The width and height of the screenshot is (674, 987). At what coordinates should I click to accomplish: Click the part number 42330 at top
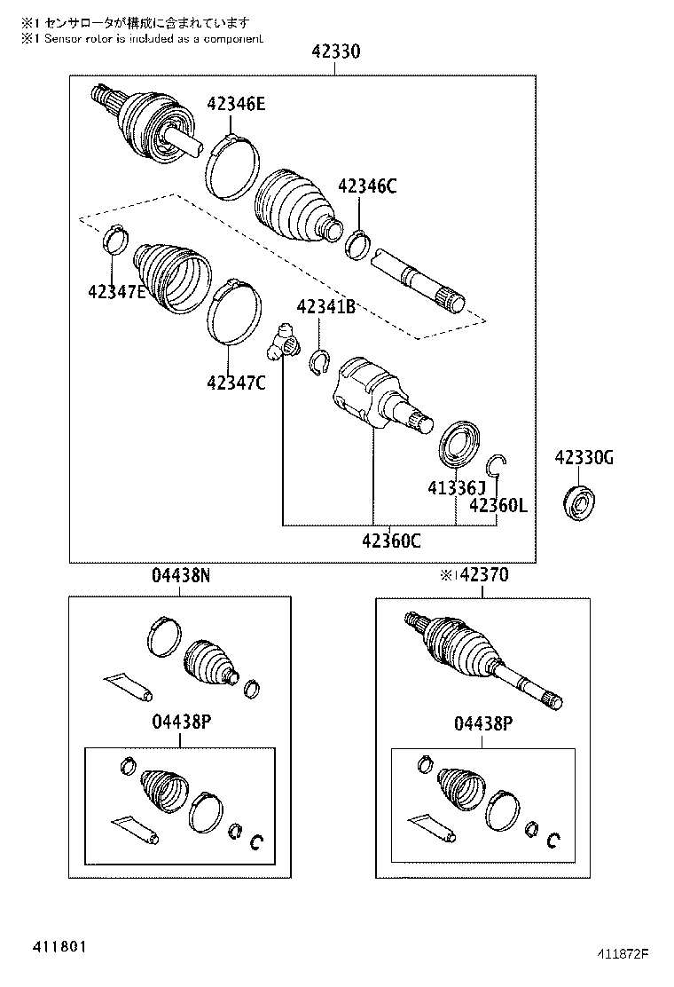pos(336,51)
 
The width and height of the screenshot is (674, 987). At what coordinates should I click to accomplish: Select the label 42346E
pos(236,104)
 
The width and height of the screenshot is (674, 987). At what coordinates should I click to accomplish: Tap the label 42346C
pos(367,186)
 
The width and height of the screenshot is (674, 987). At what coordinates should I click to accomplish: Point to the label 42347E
pos(117,291)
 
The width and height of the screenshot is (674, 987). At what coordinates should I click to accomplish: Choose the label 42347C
pos(237,382)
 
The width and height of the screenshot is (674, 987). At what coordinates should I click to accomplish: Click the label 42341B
pos(325,306)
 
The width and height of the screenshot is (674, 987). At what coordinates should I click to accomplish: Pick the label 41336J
pos(457,487)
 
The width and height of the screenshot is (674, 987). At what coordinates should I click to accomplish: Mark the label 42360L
pos(498,505)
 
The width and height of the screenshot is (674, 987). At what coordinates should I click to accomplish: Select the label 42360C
pos(391,540)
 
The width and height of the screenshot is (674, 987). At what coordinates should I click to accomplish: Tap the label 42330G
pos(584,458)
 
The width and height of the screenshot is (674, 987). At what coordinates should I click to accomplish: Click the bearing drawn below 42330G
pos(578,502)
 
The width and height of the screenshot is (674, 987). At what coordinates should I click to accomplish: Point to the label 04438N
pos(180,574)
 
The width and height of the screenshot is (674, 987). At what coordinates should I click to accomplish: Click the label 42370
pos(483,574)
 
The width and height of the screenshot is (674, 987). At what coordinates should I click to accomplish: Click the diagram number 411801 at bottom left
pos(56,947)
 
